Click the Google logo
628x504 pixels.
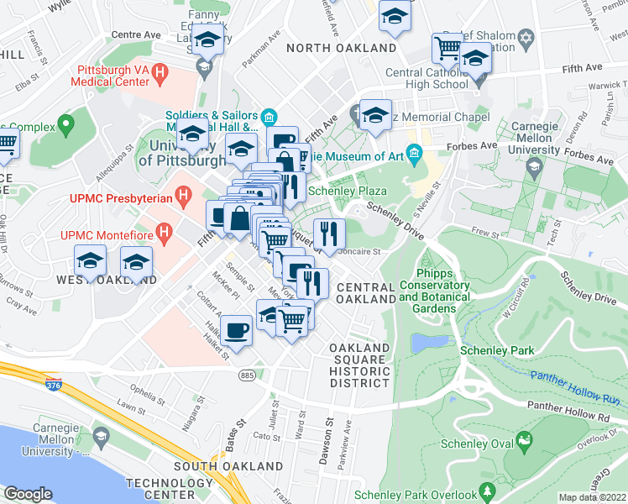tap(28, 494)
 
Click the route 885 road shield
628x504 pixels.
tap(246, 374)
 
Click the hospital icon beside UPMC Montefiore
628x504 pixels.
tap(165, 229)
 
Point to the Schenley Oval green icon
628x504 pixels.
tap(525, 439)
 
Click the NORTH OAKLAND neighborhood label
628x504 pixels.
tap(341, 48)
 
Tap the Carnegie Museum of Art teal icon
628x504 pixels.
tap(414, 153)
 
